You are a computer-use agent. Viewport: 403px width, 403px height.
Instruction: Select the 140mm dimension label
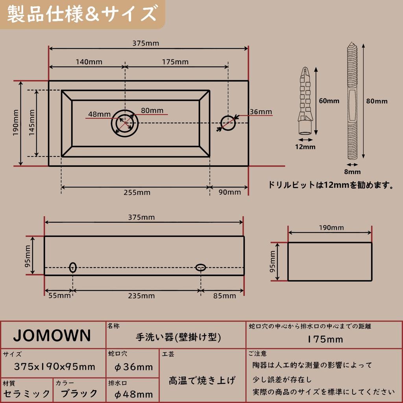click(x=89, y=62)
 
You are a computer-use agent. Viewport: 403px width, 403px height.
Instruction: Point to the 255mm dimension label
click(x=137, y=192)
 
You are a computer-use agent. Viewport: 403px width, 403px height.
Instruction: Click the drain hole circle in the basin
click(x=125, y=123)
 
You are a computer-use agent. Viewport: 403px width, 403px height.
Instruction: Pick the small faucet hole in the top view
click(x=228, y=123)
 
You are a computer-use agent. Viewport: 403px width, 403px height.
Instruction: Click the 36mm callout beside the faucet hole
click(x=261, y=112)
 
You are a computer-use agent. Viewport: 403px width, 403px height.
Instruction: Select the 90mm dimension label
click(x=229, y=192)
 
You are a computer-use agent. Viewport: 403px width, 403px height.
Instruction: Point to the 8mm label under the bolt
click(x=352, y=172)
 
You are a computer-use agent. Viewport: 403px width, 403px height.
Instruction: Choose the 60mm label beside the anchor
click(x=329, y=101)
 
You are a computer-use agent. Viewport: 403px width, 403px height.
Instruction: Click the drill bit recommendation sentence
click(x=331, y=185)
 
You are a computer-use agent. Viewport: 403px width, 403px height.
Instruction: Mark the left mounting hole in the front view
click(x=73, y=268)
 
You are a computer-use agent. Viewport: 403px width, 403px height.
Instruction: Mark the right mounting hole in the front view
click(x=201, y=268)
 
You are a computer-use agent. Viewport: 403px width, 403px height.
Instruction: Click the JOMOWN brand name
click(x=52, y=335)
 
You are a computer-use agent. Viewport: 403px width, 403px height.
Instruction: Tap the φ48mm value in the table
click(x=133, y=394)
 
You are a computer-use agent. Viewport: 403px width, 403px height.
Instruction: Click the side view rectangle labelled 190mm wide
click(x=330, y=262)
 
